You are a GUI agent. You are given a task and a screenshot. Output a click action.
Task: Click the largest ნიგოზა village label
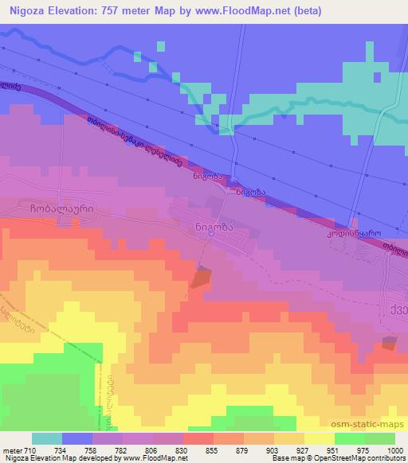[x=213, y=225]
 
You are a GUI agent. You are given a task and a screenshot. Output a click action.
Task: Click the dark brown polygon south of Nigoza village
[x=202, y=279]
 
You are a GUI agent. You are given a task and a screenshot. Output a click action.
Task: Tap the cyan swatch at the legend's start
[x=47, y=438]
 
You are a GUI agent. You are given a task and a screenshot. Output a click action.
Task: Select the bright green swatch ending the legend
[x=379, y=438]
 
